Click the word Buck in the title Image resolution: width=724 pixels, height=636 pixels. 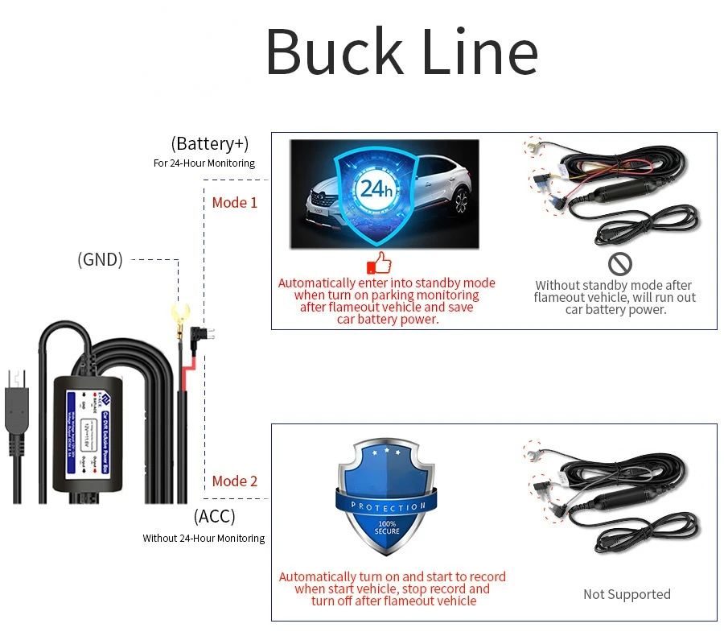[x=333, y=52]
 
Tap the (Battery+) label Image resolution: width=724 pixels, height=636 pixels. [x=210, y=143]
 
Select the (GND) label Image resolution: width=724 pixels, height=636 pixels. [x=100, y=259]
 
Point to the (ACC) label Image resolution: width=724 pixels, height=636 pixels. [x=215, y=516]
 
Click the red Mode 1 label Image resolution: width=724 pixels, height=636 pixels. [x=235, y=202]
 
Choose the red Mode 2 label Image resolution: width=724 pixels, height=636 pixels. [x=235, y=481]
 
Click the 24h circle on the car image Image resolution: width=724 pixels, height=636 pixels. [x=375, y=189]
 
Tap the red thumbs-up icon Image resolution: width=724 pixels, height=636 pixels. [x=379, y=262]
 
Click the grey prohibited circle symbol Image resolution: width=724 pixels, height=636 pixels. [x=619, y=263]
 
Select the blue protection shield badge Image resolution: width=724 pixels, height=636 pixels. [x=389, y=496]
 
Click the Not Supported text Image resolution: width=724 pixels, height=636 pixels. [x=627, y=594]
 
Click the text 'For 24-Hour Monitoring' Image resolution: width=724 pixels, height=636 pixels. [x=204, y=163]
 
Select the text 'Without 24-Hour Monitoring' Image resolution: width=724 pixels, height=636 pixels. [x=204, y=538]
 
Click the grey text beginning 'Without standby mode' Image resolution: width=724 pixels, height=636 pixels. [x=615, y=297]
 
